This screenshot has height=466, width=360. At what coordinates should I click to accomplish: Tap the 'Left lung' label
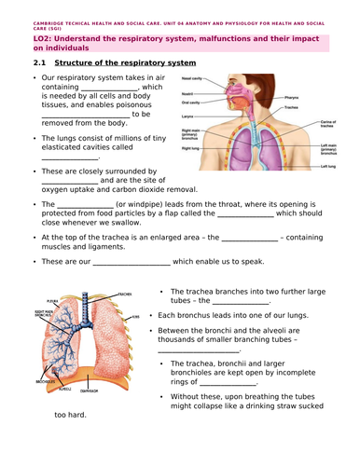[327, 166]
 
